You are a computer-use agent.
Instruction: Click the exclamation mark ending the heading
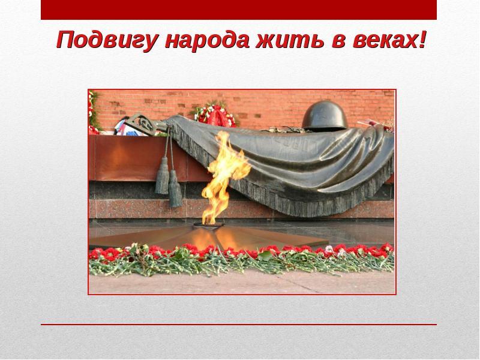click(422, 40)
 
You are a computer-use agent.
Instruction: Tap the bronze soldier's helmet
click(325, 116)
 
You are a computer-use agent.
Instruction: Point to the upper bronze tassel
click(162, 175)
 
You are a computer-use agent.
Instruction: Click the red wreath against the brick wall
click(215, 115)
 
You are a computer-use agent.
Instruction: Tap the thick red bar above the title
click(239, 10)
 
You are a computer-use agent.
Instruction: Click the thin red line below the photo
click(239, 325)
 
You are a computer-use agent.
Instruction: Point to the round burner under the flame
click(209, 224)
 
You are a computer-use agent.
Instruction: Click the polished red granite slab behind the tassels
click(138, 158)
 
